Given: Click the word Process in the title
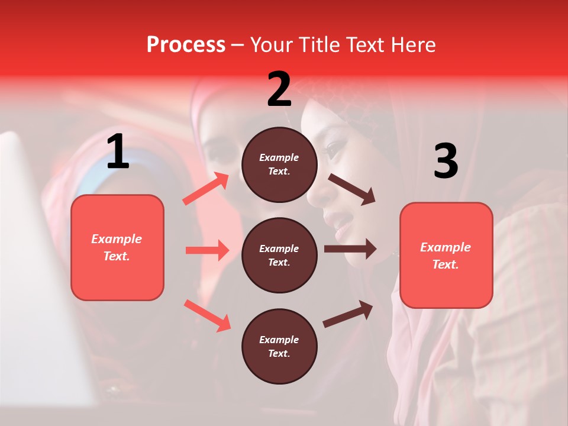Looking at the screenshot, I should click(186, 45).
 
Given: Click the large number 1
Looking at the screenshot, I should click(118, 152).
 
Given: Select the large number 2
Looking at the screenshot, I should click(279, 89).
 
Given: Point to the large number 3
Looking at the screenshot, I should click(446, 162).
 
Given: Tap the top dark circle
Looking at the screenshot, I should click(279, 164).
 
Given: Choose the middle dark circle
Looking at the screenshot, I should click(279, 255).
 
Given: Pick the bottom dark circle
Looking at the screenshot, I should click(279, 346).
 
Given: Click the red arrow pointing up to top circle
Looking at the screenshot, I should click(206, 189).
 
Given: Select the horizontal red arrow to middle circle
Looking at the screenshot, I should click(207, 250).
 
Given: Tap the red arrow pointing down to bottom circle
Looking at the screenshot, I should click(208, 315).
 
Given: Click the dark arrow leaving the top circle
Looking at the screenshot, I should click(351, 189).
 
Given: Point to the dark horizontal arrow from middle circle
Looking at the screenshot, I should click(350, 248).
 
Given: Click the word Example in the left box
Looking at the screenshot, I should click(117, 239).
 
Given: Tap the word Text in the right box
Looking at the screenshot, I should click(444, 264).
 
